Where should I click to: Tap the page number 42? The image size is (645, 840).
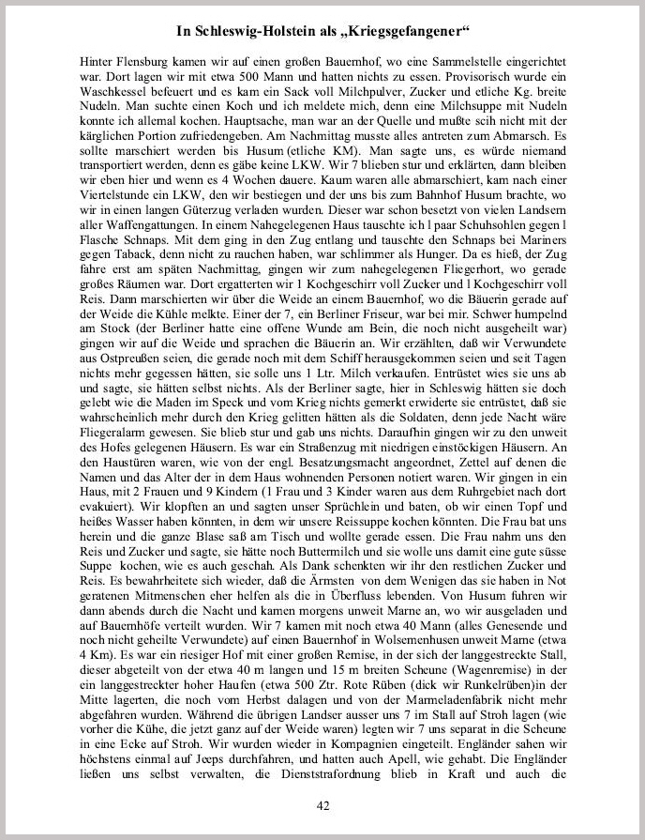coord(322,805)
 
